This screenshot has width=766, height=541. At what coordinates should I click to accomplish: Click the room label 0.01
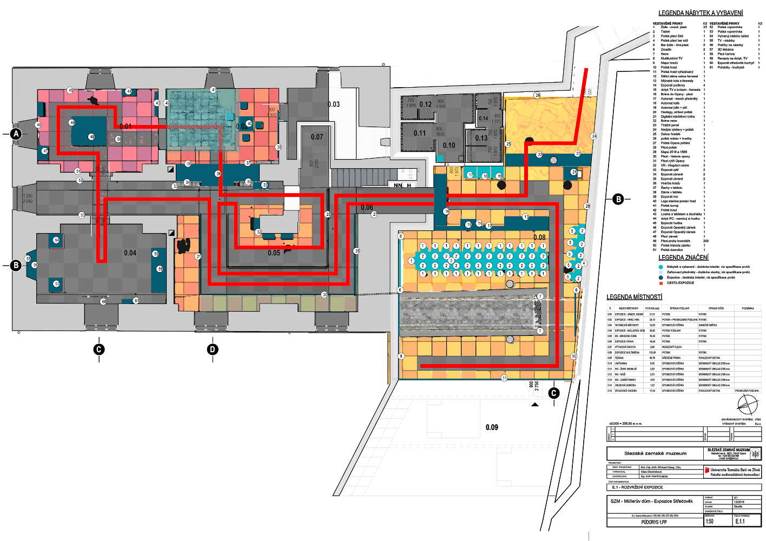point(126,127)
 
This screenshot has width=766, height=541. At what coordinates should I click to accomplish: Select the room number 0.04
point(130,253)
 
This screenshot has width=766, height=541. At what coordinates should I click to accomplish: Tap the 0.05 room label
point(274,253)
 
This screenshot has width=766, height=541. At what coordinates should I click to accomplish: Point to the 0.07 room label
point(316,137)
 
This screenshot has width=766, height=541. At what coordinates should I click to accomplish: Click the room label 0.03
point(334,104)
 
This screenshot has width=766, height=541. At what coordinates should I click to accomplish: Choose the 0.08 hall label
point(539,237)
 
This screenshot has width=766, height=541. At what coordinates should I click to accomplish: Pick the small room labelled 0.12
point(426,104)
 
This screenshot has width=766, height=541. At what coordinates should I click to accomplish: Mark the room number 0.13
point(481,138)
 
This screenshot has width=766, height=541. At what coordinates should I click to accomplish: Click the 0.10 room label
point(449,146)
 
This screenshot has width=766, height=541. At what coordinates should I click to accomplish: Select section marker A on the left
point(16,134)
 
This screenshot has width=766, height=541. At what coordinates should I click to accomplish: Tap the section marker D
point(213,350)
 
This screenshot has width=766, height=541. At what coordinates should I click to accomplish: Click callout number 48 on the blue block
point(92,137)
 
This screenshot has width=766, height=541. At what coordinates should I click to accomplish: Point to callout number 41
point(214,90)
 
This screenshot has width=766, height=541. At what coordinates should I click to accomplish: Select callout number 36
point(219,174)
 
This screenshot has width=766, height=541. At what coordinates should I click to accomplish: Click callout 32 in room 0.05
point(259,232)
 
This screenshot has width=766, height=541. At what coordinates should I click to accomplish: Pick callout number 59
point(160,269)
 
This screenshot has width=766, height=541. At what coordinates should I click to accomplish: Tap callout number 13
point(526,217)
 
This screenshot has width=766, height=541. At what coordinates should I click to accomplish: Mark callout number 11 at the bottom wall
point(504,378)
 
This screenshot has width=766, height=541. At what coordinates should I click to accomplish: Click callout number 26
point(537,95)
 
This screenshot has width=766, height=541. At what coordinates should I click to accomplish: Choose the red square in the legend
point(661,283)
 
